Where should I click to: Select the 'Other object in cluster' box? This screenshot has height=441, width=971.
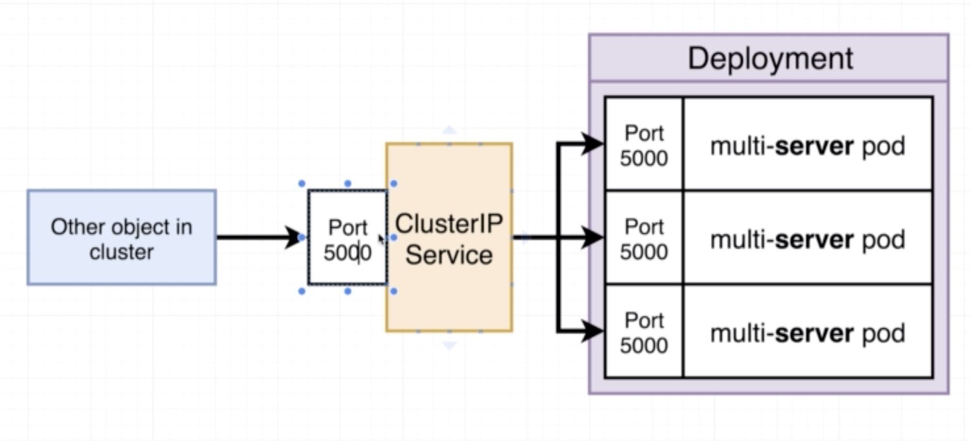[122, 238]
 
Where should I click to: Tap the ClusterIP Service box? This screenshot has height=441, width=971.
[449, 238]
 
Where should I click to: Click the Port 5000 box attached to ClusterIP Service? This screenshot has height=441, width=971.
[348, 238]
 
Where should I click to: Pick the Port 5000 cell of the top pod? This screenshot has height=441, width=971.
[644, 144]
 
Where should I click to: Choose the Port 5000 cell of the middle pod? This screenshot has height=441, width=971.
[644, 238]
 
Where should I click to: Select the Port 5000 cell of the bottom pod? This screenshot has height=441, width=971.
[644, 332]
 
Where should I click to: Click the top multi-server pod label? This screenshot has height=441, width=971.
[808, 146]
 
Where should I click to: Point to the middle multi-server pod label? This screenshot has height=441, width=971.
[808, 240]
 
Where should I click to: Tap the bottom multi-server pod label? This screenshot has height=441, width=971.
[808, 333]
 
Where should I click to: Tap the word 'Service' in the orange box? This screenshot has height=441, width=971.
[449, 255]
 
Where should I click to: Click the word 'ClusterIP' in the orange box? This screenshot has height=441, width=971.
[449, 224]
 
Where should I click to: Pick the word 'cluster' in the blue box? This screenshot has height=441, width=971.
[121, 252]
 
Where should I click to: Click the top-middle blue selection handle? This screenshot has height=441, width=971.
[348, 183]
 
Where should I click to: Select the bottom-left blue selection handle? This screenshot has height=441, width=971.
[302, 292]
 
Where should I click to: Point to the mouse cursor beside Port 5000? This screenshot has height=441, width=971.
[382, 240]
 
